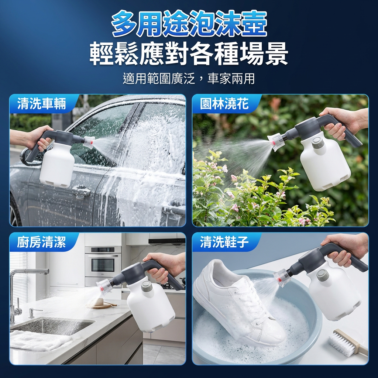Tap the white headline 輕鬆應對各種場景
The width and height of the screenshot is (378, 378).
189,54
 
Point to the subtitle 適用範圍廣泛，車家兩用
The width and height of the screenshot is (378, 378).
189,79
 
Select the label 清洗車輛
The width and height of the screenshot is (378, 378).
41,104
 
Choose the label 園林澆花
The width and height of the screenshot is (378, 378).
224,104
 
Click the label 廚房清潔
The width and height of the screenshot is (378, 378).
41,242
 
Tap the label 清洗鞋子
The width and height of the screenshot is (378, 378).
224,242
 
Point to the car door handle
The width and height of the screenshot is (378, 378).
81,191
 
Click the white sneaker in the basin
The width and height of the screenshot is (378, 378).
239,304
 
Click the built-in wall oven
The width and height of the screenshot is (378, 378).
103,262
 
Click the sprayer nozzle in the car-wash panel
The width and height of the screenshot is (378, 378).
89,142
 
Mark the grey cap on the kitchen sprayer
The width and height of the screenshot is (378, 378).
147,286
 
